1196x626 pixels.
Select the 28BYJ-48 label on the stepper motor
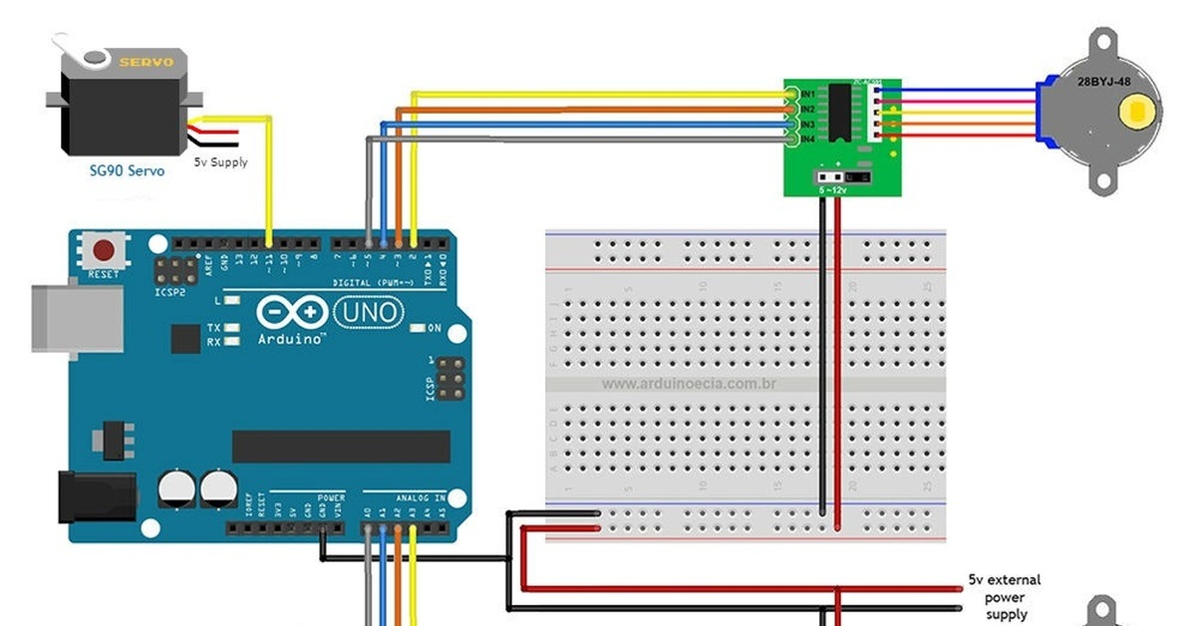tap(1103, 82)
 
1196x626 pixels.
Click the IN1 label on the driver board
tap(807, 94)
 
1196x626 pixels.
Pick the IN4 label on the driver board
tap(807, 139)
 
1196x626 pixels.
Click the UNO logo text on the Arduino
tap(368, 314)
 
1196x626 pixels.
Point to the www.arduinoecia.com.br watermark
tap(689, 383)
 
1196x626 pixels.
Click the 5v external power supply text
tap(1003, 596)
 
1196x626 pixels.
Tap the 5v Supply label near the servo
tap(220, 161)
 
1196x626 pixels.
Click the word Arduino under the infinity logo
tap(291, 340)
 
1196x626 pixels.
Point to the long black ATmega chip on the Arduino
tap(339, 446)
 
